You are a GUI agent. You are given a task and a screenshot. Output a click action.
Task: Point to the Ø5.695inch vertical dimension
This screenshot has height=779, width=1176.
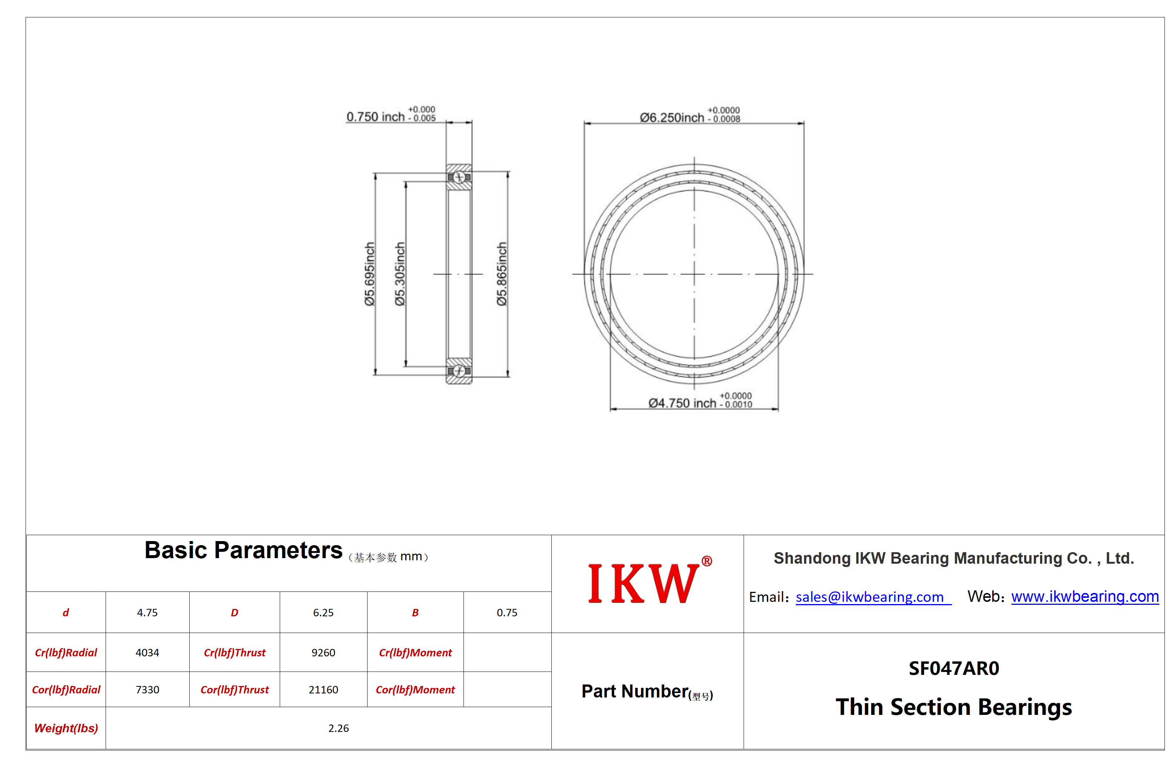[x=369, y=274]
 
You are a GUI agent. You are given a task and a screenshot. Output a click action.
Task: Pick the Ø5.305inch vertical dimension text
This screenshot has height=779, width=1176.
[x=400, y=274]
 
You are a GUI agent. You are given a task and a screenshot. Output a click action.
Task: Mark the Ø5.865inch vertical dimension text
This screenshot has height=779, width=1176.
[x=502, y=274]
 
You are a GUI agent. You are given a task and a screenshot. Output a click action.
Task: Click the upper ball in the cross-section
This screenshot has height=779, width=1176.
[x=459, y=178]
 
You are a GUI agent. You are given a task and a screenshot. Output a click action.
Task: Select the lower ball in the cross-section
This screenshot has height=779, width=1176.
[x=459, y=371]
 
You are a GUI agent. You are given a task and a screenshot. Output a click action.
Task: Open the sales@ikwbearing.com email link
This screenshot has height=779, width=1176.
[x=870, y=597]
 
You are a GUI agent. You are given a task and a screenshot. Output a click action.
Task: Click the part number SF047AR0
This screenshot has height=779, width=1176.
[x=954, y=669]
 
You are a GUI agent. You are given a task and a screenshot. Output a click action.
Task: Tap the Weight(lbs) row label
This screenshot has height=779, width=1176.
[x=66, y=728]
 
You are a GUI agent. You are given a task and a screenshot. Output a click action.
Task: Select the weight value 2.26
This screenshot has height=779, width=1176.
[x=338, y=728]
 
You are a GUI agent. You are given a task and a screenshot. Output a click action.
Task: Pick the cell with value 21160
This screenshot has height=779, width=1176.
[x=323, y=690]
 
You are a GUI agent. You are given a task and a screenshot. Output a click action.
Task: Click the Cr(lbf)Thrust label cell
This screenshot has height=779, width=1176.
[x=235, y=653]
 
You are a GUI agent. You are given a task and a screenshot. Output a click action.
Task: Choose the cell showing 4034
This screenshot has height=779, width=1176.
[x=147, y=653]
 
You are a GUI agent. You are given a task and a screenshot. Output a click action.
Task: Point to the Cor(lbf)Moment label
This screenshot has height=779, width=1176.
[x=415, y=690]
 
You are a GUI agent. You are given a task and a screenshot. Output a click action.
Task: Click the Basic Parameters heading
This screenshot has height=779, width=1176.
[x=243, y=550]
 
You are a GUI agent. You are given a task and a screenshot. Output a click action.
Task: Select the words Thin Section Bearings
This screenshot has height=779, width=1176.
[x=954, y=707]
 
